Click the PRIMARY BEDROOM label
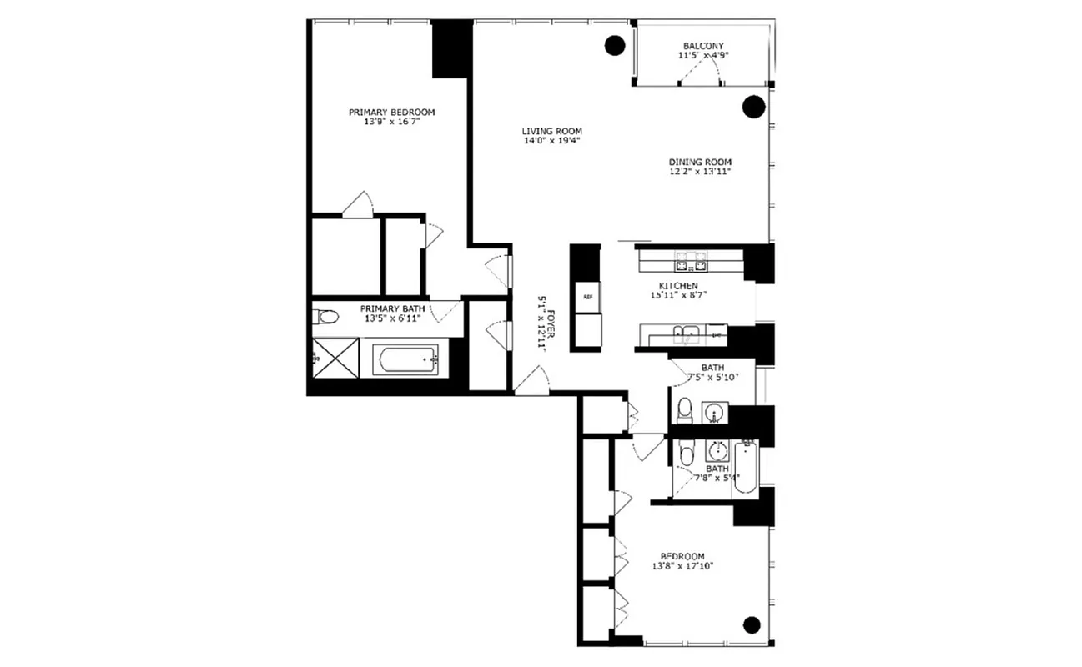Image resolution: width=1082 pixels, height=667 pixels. click(391, 112)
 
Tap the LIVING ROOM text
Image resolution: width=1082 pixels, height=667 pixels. click(551, 131)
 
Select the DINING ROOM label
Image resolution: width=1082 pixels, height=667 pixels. click(699, 162)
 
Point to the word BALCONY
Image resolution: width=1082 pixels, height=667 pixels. click(702, 46)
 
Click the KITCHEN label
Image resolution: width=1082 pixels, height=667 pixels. click(677, 286)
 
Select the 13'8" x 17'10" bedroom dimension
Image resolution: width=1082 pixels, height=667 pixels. click(682, 567)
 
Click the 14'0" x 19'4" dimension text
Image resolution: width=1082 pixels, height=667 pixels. click(551, 141)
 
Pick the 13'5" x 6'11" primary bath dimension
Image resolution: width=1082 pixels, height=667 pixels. click(391, 318)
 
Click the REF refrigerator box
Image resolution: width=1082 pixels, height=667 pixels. click(586, 296)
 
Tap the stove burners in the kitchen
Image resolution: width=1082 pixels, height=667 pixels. click(690, 267)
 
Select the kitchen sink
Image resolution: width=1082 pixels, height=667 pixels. click(689, 335)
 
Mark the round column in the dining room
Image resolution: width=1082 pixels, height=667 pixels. click(753, 106)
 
